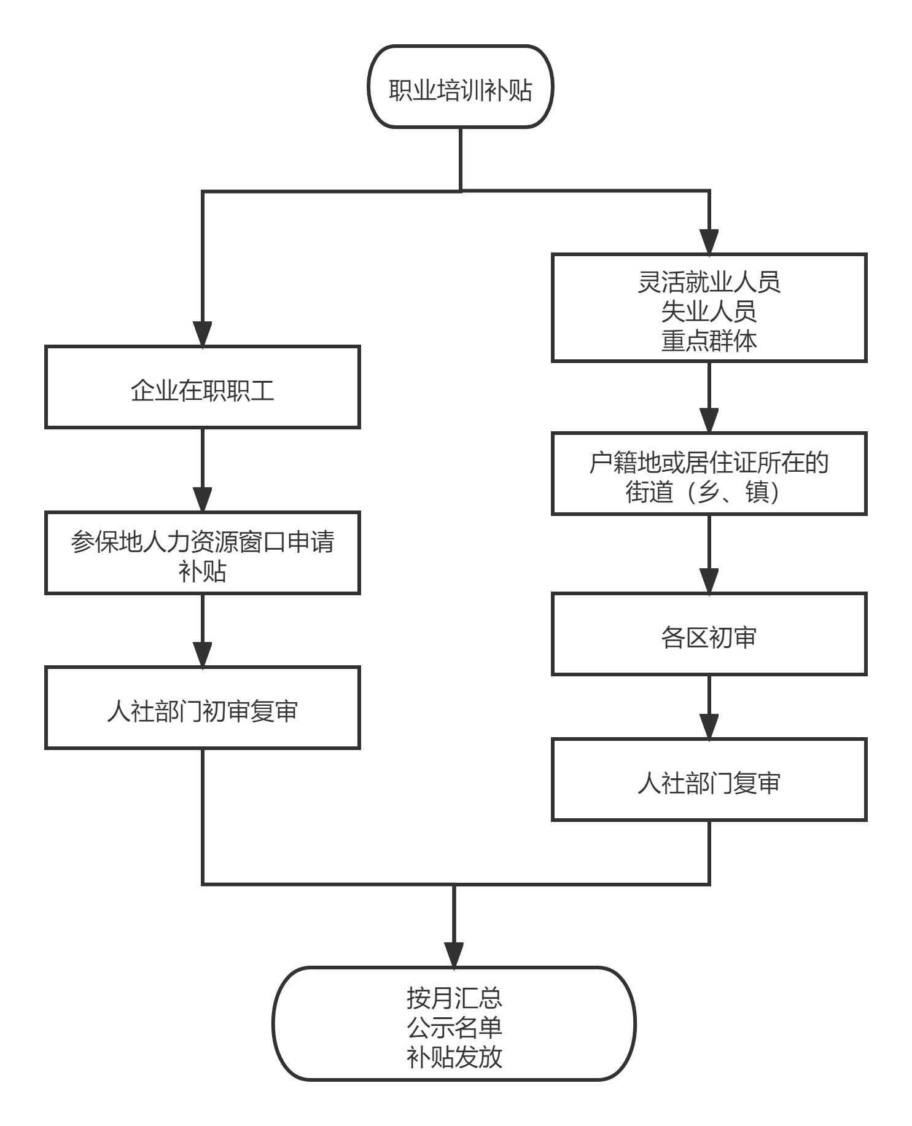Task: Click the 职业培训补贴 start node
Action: [x=461, y=86]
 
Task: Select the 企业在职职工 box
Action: [x=202, y=386]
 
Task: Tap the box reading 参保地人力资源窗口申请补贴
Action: [x=202, y=552]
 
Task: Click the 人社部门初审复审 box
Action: [x=202, y=708]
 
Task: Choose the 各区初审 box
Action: [x=709, y=634]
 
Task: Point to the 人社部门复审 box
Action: [x=709, y=780]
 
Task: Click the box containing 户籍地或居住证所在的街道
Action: [x=709, y=473]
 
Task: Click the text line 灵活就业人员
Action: [x=709, y=282]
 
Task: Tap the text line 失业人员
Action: [x=709, y=311]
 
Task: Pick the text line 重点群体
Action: [x=709, y=340]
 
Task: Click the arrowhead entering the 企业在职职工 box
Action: [x=202, y=334]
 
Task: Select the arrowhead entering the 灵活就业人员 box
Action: [x=709, y=242]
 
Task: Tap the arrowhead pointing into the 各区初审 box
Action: [x=709, y=581]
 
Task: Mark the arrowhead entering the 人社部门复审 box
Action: [x=709, y=727]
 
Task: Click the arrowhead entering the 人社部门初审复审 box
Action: [x=202, y=655]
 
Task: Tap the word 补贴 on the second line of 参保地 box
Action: [x=202, y=571]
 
